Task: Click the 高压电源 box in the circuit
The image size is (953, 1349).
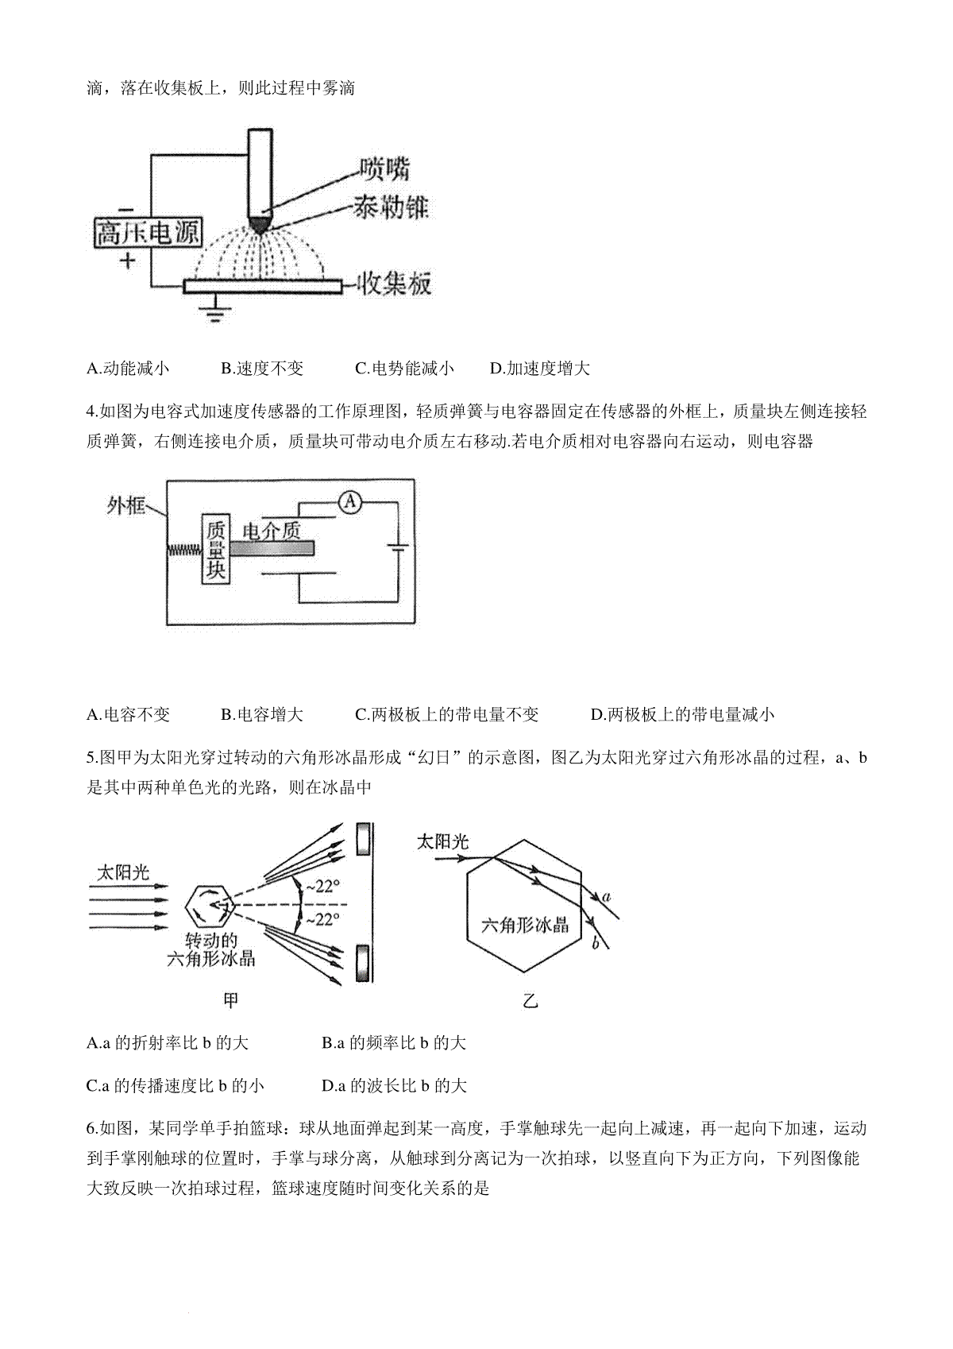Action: [148, 233]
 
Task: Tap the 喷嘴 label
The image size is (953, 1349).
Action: [384, 168]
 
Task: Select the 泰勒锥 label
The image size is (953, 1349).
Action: [391, 208]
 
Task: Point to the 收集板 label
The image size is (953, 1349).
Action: [395, 284]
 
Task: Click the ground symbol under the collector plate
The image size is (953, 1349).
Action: [214, 312]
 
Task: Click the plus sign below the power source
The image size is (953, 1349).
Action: [127, 261]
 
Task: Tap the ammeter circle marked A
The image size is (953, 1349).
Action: [349, 501]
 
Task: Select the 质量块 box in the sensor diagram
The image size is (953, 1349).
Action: [215, 549]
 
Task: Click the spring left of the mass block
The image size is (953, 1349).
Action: [184, 549]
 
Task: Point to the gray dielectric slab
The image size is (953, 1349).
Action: [272, 548]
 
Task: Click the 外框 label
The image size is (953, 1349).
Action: [125, 505]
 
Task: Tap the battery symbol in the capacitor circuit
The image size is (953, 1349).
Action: [397, 549]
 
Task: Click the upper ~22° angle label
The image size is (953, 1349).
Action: [322, 887]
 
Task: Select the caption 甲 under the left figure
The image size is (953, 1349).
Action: [230, 1000]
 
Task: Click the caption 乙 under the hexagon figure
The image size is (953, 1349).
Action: [530, 1001]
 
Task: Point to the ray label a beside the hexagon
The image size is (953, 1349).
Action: [606, 897]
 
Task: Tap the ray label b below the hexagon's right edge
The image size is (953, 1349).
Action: [596, 943]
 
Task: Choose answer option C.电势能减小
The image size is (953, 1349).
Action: [404, 368]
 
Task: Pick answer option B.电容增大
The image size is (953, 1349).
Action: [262, 714]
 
